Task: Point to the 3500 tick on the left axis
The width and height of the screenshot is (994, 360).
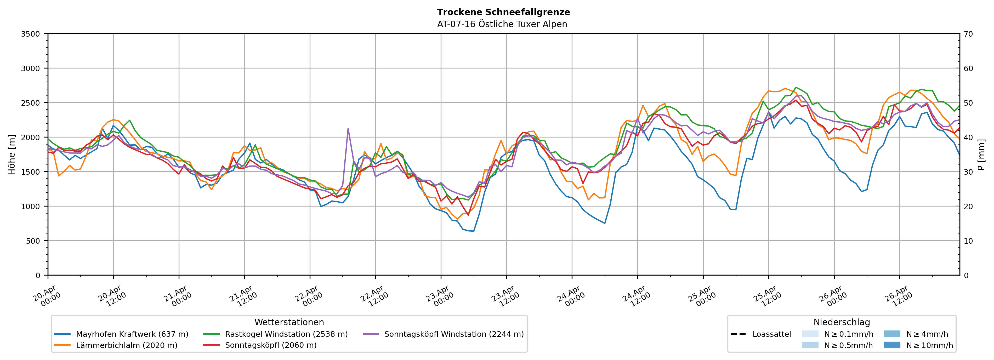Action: [x=31, y=34]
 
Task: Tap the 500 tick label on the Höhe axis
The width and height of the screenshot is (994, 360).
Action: [x=33, y=241]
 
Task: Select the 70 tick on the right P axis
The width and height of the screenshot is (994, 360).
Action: [x=968, y=34]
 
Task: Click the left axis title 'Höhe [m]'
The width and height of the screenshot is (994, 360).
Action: [x=12, y=154]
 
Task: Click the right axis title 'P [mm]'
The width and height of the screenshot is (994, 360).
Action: [x=981, y=154]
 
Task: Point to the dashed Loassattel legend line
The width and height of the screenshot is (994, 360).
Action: [x=738, y=334]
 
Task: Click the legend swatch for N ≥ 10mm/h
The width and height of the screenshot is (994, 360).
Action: [x=892, y=345]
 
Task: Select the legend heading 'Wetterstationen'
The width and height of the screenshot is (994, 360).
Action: [x=289, y=322]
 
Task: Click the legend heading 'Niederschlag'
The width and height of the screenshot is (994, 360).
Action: [x=842, y=322]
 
